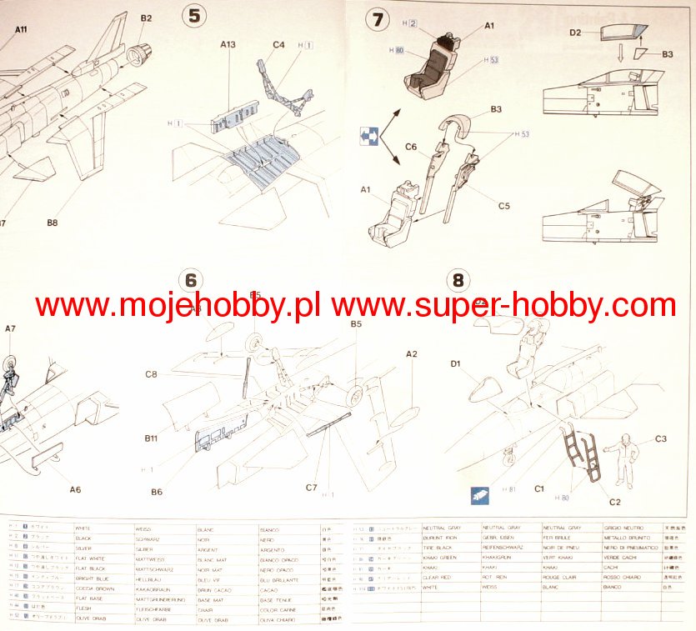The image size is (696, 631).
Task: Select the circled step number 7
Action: (379, 18)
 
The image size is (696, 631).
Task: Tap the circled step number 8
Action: (458, 280)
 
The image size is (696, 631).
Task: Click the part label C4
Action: (278, 44)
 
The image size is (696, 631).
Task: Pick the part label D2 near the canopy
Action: (575, 33)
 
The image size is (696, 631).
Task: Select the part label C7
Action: (312, 488)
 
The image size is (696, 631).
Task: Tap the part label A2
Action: (411, 353)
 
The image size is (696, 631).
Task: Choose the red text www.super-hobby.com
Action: (503, 306)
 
